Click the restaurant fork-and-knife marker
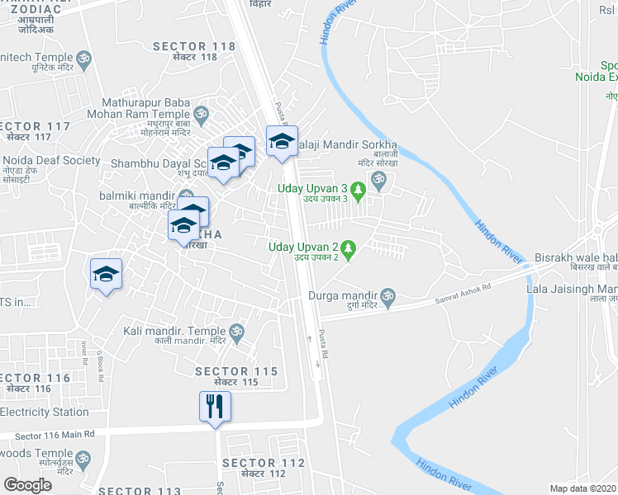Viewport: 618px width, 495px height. point(215,406)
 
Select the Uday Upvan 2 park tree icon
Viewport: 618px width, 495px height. point(348,248)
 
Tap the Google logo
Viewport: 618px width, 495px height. point(28,485)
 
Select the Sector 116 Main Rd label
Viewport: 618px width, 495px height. point(55,434)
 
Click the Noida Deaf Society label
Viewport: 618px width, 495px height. point(51,161)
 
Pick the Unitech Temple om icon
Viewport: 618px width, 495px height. point(83,59)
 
